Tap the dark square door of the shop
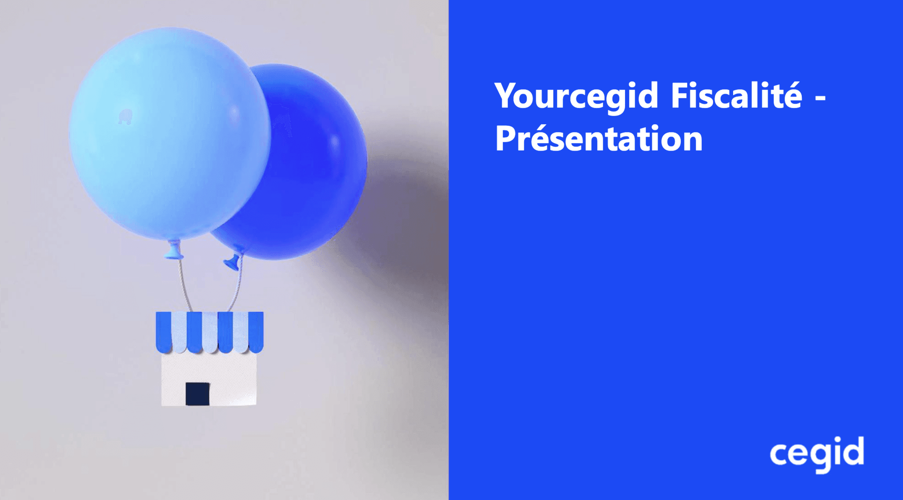[x=197, y=394]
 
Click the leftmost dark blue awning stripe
[x=164, y=332]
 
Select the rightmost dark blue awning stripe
[x=256, y=332]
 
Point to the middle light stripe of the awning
[x=210, y=332]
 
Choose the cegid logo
[x=817, y=454]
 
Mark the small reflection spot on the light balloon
[x=125, y=116]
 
